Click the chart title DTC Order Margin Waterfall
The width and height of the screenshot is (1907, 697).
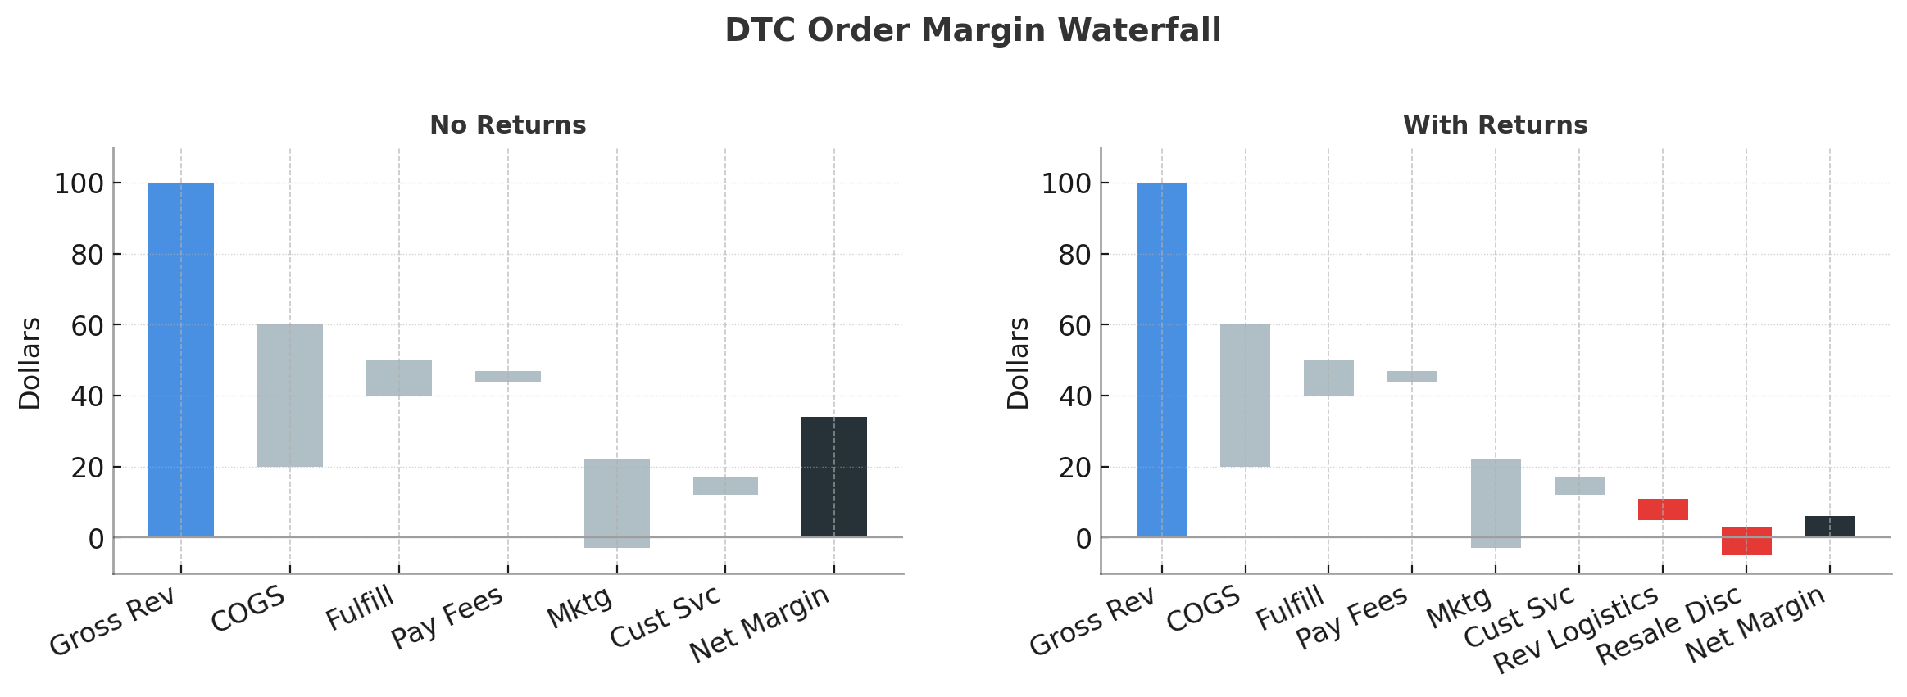coord(973,31)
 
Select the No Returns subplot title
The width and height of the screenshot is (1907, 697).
coord(508,125)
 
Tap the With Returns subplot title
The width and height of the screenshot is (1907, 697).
coord(1495,125)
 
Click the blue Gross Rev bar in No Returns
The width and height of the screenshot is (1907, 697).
coord(181,360)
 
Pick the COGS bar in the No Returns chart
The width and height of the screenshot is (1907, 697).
coord(290,396)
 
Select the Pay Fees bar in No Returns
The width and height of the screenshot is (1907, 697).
coord(508,376)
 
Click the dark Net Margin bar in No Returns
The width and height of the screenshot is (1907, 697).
coord(833,477)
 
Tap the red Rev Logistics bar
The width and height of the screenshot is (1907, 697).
coord(1663,509)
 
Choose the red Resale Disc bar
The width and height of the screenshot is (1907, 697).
coord(1746,541)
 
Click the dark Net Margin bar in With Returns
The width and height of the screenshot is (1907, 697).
coord(1830,527)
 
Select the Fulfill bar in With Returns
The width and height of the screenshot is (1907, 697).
coord(1328,378)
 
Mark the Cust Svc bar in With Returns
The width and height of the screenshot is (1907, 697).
coord(1579,486)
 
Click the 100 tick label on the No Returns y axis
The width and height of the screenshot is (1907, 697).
coord(79,183)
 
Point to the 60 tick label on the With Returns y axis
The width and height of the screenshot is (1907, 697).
coord(1075,325)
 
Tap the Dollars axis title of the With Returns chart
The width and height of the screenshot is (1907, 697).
coord(1018,363)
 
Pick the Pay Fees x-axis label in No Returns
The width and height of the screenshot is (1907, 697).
coord(447,618)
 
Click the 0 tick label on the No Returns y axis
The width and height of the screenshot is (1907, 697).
coord(96,538)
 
